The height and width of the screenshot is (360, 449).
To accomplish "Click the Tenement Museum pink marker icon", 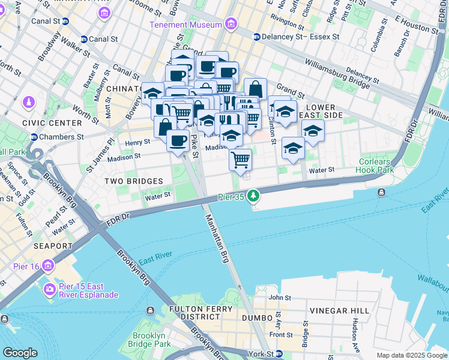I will tap(231, 25).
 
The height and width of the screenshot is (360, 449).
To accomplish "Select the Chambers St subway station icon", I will tap(34, 137).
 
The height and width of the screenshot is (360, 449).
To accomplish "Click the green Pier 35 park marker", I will tap(254, 196).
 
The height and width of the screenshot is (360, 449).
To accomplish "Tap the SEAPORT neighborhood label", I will tap(53, 246).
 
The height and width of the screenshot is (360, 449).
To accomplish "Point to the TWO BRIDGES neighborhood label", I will tap(133, 181).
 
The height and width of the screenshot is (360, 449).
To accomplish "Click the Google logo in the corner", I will tap(20, 353).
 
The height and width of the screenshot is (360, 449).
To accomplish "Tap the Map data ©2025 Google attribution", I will tap(411, 355).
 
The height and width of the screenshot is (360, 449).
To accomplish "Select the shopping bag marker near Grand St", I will tap(255, 89).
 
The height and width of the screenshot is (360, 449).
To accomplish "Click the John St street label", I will tap(279, 297).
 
